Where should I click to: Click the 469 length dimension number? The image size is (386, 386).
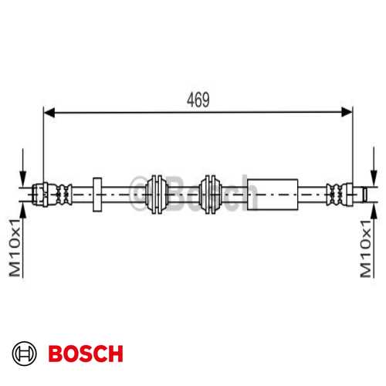coord(198,100)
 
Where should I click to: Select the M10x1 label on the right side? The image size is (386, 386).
coord(365,248)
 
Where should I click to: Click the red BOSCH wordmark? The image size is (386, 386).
coord(85,354)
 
